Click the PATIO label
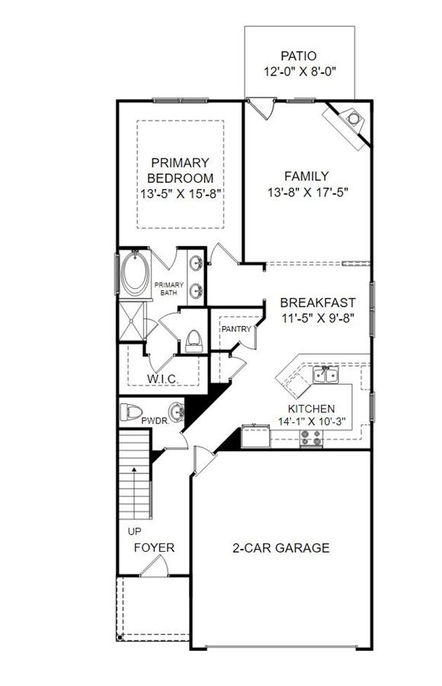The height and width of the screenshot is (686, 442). pos(299,56)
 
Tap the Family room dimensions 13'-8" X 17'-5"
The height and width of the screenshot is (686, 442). pos(308,192)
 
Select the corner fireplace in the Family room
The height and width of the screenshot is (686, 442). pos(348,125)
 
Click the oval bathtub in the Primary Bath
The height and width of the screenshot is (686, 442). pos(134,274)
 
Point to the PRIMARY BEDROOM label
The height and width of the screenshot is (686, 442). pos(180,171)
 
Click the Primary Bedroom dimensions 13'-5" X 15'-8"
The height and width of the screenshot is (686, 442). pos(179,194)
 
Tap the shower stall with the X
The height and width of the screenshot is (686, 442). pos(131,321)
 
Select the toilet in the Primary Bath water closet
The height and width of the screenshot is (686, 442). pos(194,341)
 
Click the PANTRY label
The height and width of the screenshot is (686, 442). pos(236,329)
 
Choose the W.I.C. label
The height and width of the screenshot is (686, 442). pos(162,379)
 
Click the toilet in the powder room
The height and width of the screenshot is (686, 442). pos(131,412)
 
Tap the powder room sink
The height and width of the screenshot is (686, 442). pos(177,412)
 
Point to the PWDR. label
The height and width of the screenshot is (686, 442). pos(155,422)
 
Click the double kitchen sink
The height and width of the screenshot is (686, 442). pos(325,375)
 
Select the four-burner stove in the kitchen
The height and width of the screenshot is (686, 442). pos(311,438)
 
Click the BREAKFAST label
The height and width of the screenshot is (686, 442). pos(318,303)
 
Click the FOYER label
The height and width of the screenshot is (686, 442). pos(154,548)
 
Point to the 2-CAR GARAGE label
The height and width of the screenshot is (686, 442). pos(281,548)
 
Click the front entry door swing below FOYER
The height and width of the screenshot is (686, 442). pos(155,566)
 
